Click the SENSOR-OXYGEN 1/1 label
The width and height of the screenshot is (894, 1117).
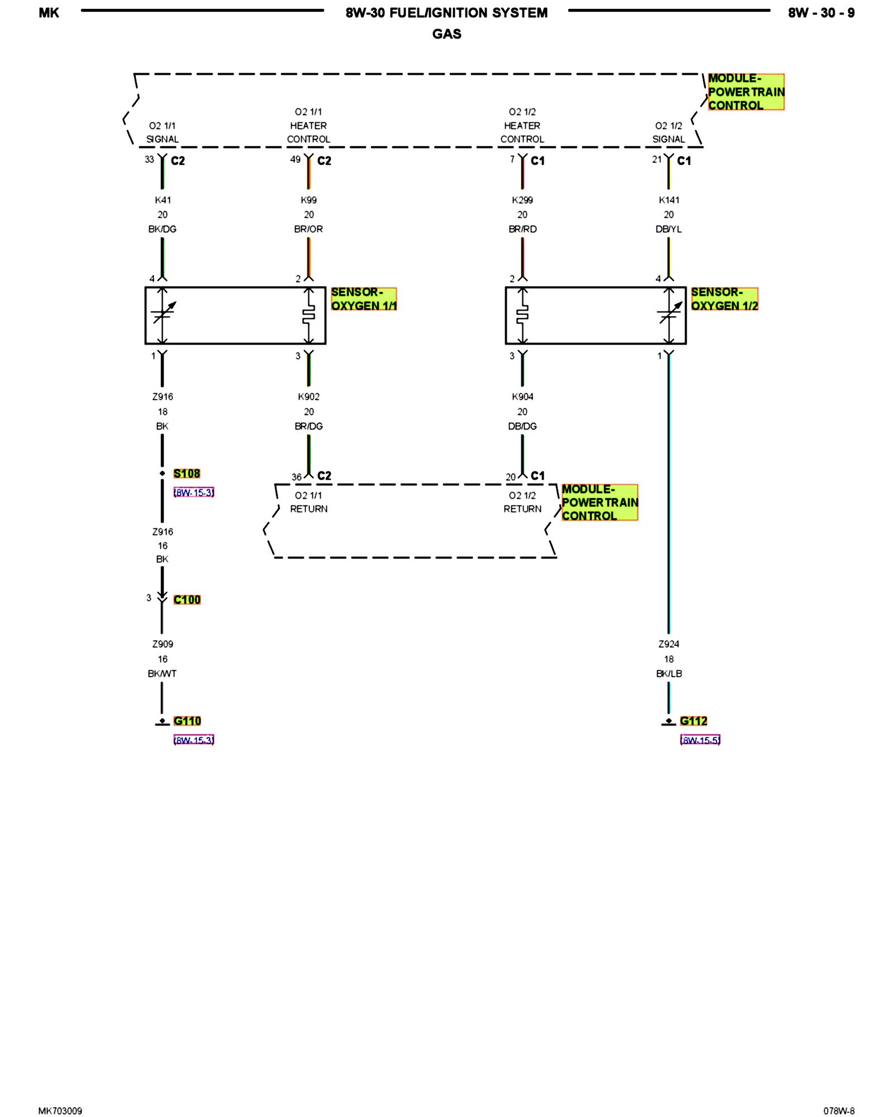(x=363, y=299)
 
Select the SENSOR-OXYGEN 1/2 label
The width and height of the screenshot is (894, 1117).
(x=724, y=299)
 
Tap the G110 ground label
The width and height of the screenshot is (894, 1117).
(x=187, y=721)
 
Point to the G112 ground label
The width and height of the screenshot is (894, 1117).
(x=693, y=721)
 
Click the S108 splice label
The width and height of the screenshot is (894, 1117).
(x=187, y=474)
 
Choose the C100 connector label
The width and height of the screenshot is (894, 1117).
(x=187, y=600)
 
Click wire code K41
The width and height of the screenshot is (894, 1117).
(x=163, y=200)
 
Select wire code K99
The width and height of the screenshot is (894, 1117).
(x=308, y=200)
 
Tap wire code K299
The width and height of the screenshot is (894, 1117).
(x=522, y=200)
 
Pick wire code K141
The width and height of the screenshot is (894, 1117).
(x=669, y=200)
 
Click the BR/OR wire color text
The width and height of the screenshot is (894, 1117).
(x=308, y=229)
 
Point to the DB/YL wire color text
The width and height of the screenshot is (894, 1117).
(x=669, y=229)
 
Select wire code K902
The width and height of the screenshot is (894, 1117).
(x=308, y=397)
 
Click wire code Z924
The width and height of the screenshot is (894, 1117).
(x=669, y=644)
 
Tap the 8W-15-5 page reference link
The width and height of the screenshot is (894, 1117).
(x=700, y=740)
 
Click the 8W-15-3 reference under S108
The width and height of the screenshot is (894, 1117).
(x=193, y=493)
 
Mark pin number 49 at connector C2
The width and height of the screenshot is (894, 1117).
(x=295, y=160)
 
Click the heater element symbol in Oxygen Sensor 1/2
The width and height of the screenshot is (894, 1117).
(x=522, y=316)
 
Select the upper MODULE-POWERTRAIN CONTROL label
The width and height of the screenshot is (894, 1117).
(x=746, y=92)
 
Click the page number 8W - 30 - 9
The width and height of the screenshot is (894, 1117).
(x=821, y=13)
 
